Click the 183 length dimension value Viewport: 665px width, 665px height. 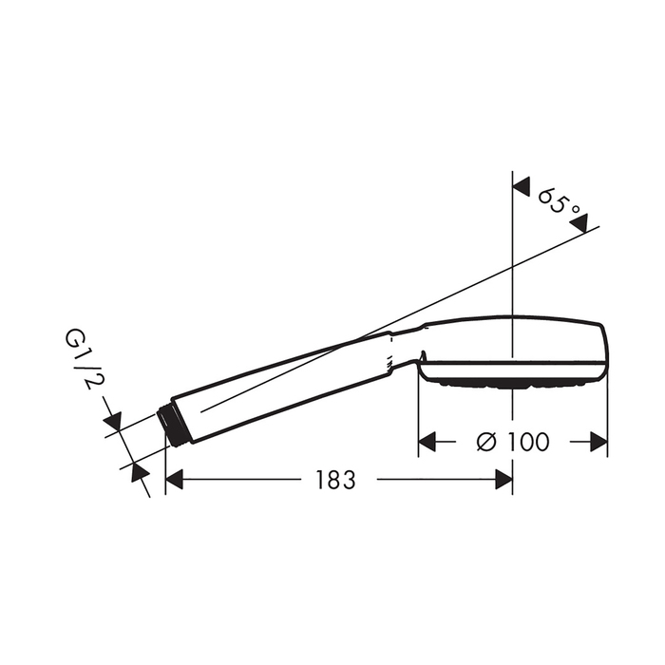coord(335,480)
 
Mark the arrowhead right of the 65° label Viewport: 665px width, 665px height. coord(579,223)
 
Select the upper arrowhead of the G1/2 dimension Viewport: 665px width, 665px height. coord(112,419)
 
